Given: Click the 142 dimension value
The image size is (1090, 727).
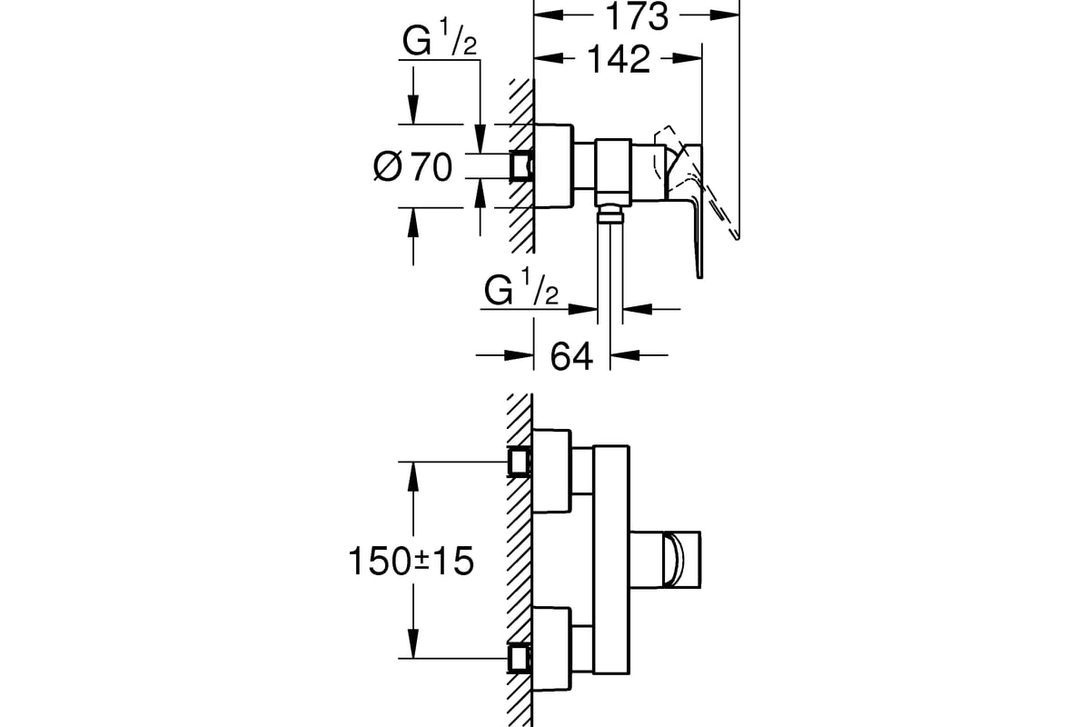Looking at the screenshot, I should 618,59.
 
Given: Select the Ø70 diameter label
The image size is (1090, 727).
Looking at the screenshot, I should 412,167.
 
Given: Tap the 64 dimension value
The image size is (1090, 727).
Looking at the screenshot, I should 571,355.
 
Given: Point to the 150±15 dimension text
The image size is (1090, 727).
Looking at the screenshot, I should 411,561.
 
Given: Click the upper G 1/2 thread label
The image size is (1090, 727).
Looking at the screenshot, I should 440,44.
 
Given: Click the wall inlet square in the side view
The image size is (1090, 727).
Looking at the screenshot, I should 521,165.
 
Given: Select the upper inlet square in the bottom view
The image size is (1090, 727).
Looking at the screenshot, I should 520,462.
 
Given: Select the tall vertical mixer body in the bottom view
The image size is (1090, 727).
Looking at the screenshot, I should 610,559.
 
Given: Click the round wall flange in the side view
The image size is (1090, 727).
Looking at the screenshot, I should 552,165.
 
